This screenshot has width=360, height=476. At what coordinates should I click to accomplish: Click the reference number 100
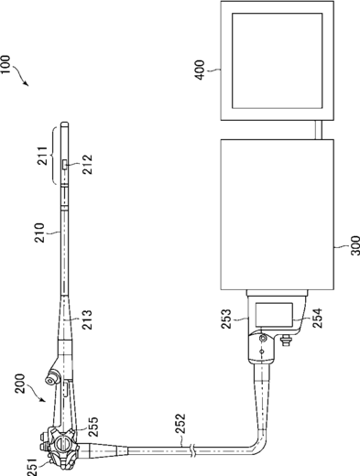point(5,64)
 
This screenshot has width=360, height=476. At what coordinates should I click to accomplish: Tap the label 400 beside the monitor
point(200,70)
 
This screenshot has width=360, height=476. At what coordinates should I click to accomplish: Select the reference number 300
point(355,245)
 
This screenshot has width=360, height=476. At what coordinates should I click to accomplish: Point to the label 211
point(42,156)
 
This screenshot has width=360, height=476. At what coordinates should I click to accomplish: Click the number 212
point(87,165)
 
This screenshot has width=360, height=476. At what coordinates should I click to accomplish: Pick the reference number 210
point(39,233)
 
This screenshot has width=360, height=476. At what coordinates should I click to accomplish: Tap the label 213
point(87,319)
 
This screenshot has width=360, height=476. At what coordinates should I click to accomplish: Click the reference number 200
point(20,384)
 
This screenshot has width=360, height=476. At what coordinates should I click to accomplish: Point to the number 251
point(32,467)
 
